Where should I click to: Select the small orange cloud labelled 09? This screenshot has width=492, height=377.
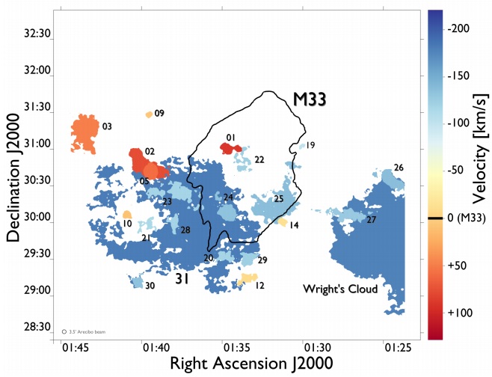[149, 114]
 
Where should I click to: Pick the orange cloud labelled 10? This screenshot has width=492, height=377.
[127, 215]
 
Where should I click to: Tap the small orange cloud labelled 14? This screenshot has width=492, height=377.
[283, 221]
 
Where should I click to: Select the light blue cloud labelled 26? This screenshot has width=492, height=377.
[387, 176]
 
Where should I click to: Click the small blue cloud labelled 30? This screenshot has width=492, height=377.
[136, 283]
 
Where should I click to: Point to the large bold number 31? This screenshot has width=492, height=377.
[182, 278]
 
